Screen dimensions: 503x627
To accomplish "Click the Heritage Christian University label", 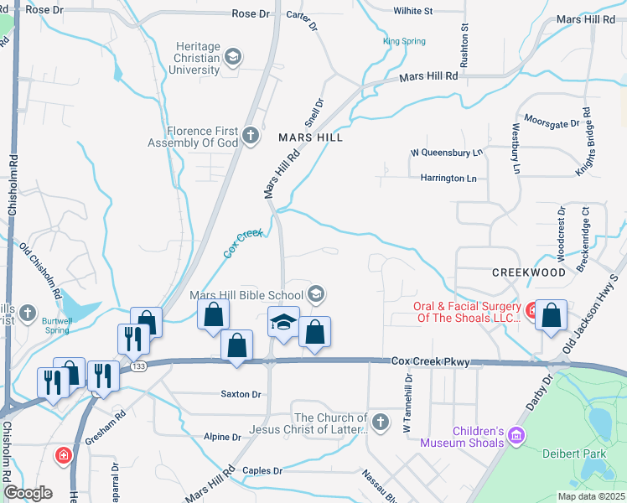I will tap(199, 58).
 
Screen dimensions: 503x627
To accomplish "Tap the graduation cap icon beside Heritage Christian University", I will tap(233, 58).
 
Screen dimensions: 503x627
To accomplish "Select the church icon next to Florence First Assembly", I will tap(250, 136).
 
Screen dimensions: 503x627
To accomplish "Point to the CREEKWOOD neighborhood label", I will tap(528, 273).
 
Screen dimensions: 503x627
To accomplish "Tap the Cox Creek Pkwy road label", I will tap(430, 361).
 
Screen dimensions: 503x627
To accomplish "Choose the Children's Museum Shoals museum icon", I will tap(516, 436).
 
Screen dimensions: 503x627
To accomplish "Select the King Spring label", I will tap(404, 41).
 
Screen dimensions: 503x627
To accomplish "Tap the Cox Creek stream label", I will tap(244, 243).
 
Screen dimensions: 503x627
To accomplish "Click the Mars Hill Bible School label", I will tap(246, 294).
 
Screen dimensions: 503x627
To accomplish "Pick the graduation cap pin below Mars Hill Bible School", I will tap(284, 322).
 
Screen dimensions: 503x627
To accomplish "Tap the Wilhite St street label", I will tap(412, 12).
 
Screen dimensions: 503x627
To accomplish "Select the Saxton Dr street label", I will tap(241, 393).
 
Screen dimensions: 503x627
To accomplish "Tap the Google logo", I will tap(28, 493).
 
